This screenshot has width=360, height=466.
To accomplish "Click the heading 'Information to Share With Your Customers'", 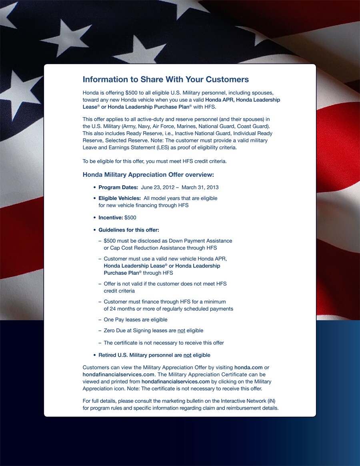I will tap(166, 79).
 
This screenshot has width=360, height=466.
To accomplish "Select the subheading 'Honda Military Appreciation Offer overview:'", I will tap(148, 175).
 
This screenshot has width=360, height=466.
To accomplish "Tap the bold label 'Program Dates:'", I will tap(118, 187).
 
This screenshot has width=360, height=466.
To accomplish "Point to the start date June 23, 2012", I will tap(158, 187).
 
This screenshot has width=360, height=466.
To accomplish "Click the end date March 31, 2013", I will tap(200, 187).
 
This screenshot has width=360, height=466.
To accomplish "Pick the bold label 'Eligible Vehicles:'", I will tap(120, 198).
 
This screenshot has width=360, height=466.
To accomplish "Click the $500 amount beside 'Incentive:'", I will tap(130, 218).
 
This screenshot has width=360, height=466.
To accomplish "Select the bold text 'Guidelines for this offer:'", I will tap(129, 230).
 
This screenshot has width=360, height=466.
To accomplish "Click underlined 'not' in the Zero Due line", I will tap(181, 330).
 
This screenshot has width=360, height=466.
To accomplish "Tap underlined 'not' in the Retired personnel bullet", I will tap(187, 355).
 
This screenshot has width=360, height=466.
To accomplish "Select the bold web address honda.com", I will tap(248, 367).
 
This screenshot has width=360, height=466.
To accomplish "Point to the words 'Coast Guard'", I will tap(252, 126).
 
